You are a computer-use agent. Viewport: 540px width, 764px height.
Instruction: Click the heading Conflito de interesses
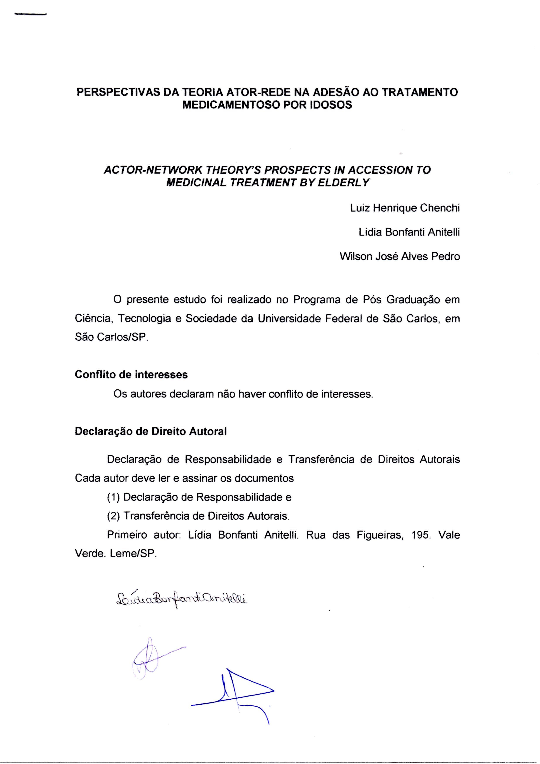131,375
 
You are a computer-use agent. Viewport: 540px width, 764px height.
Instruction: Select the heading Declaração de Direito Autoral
151,431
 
